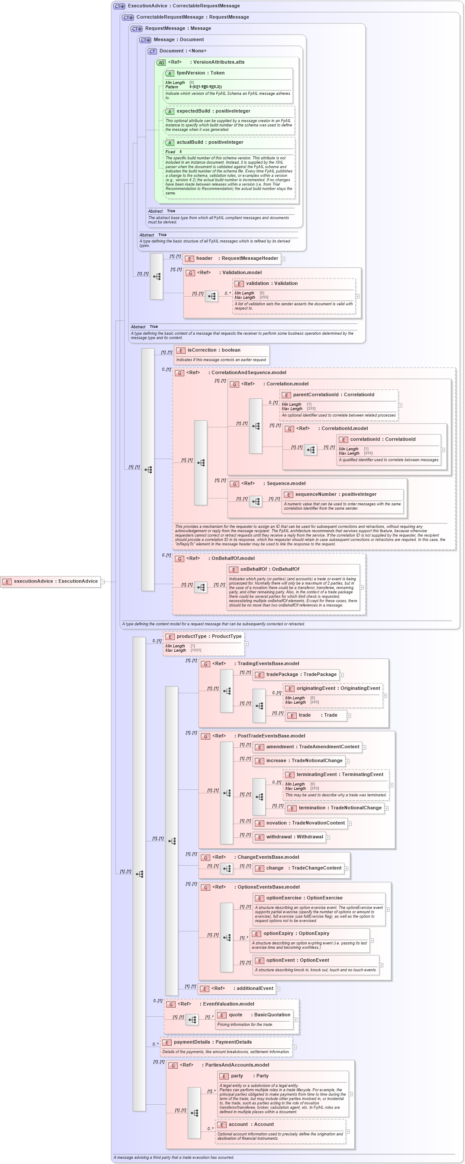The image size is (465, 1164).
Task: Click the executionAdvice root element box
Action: point(51,581)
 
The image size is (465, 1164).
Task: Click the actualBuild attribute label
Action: point(209,142)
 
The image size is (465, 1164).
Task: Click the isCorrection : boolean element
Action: point(214,350)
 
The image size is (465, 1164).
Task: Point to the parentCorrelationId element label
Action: point(333,394)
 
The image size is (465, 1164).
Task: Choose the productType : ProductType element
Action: point(208,636)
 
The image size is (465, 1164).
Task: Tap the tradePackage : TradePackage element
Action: point(301,675)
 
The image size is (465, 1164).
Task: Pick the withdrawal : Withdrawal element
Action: point(294,837)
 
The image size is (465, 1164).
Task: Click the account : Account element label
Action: point(250,1124)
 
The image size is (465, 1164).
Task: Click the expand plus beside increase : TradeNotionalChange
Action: point(348,761)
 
